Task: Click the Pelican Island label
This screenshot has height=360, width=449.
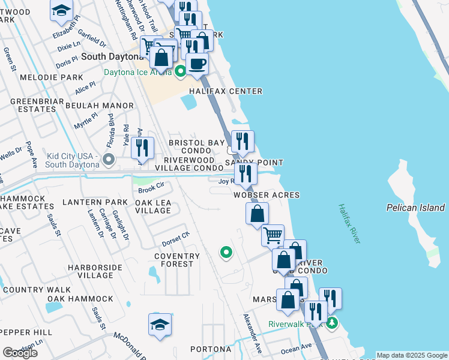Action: tap(415, 208)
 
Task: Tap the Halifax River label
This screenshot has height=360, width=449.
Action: tap(348, 223)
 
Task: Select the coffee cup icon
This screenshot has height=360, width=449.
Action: tap(197, 64)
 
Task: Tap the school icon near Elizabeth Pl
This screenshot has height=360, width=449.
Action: tap(61, 10)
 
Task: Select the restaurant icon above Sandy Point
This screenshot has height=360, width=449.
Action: tap(243, 142)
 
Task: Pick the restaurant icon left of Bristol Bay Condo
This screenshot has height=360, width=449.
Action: tap(142, 148)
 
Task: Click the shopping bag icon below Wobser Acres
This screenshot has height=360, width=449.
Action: tap(257, 214)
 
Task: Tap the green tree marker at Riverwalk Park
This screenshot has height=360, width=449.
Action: tap(332, 323)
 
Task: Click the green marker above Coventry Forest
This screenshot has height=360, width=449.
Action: tap(226, 253)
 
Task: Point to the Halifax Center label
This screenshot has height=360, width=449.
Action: tap(226, 91)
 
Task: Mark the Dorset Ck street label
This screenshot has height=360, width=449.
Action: tap(175, 242)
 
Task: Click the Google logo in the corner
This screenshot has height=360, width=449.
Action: tap(20, 353)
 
